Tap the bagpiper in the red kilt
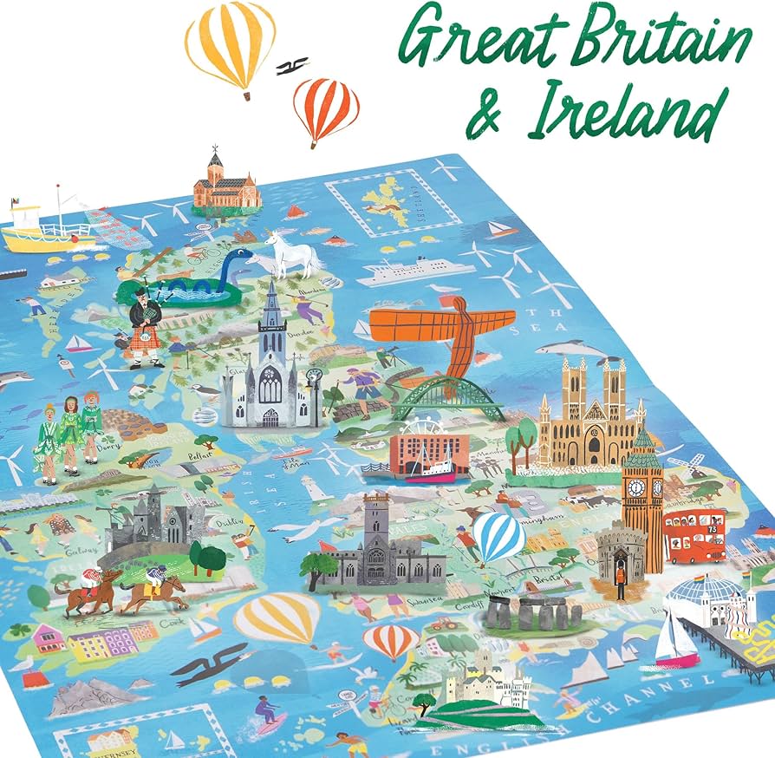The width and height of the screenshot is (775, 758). (144, 321)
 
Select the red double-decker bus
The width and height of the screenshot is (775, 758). (694, 535)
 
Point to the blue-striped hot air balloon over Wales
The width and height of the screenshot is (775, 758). (498, 536)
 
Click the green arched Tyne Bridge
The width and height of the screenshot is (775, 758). (448, 398)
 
